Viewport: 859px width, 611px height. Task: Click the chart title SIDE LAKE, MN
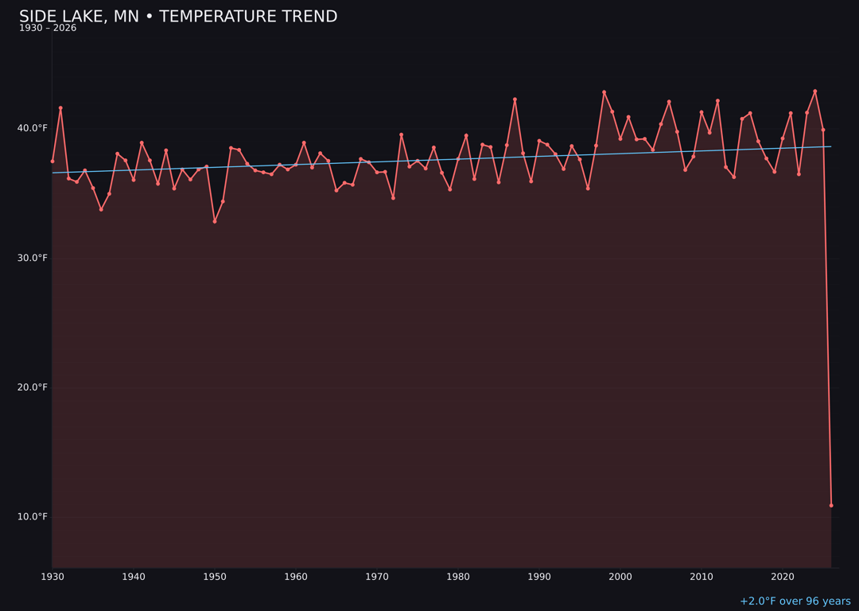(x=178, y=17)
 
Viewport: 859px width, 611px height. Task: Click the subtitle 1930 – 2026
(x=48, y=28)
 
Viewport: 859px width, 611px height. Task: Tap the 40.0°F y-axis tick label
(x=33, y=128)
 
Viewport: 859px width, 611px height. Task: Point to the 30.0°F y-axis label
(x=33, y=258)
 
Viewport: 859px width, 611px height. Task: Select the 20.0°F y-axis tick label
(x=33, y=387)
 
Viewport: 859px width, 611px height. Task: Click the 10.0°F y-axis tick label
(x=33, y=516)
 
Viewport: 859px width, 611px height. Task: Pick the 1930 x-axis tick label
(x=52, y=577)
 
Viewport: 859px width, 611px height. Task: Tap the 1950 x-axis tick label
(x=215, y=577)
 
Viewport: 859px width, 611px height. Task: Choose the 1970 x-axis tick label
(x=377, y=577)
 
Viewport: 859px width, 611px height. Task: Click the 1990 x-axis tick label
(x=539, y=577)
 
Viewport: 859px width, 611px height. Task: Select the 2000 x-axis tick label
(x=620, y=577)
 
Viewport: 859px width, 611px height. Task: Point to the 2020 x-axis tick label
(x=783, y=577)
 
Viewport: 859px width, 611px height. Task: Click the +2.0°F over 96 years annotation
(x=795, y=601)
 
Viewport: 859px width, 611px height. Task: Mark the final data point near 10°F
(x=831, y=505)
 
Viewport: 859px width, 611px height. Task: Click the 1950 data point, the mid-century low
(x=215, y=221)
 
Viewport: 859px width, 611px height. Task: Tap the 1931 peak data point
(x=60, y=108)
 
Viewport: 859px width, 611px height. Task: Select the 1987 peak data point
(x=515, y=99)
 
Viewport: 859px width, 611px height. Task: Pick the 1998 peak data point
(x=604, y=92)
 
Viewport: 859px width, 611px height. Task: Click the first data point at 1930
(x=52, y=162)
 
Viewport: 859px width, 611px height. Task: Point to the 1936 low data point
(x=101, y=209)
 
